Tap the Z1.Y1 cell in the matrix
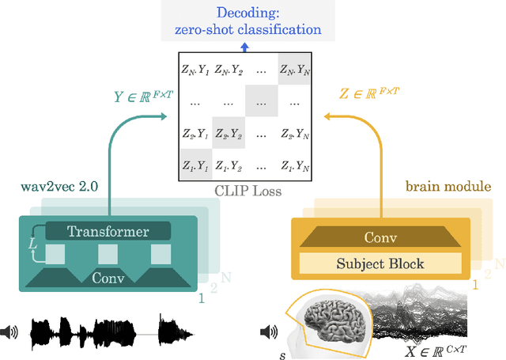coord(195,165)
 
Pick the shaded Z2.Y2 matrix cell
coord(228,134)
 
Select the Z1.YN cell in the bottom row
coord(295,165)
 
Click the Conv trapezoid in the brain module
coord(381,237)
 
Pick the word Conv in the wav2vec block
coord(108,278)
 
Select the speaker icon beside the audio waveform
coord(10,332)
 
